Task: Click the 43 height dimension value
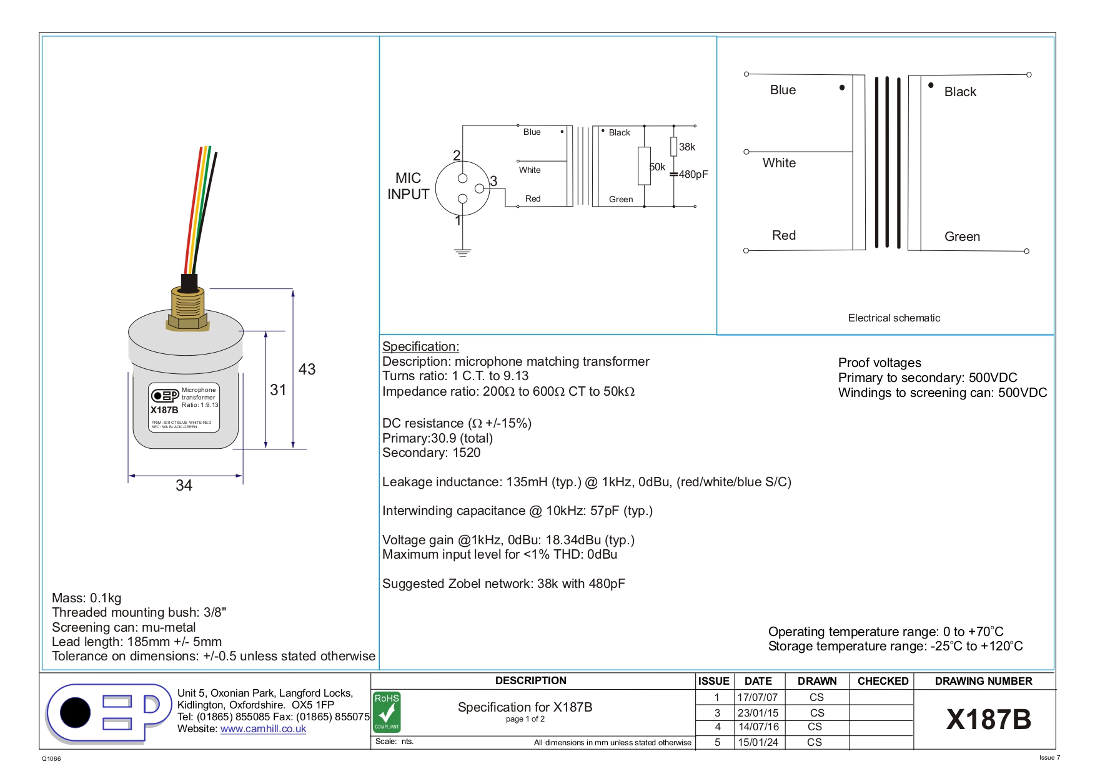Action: coord(307,369)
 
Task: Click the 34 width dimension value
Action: coord(184,485)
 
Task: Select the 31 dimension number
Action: coord(278,389)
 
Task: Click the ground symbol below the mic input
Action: coord(462,252)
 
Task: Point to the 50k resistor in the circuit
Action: coord(644,166)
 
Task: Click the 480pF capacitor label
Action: coord(693,175)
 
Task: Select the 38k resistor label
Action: coord(687,147)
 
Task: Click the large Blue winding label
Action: coord(783,90)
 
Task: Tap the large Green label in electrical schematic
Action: coord(962,237)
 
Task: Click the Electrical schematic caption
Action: coord(894,318)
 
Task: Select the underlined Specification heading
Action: coord(420,346)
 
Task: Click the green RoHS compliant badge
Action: coord(387,712)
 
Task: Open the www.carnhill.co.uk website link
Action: coord(263,728)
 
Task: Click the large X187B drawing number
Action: coord(988,720)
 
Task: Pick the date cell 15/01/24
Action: coord(758,742)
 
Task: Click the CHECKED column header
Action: coord(883,681)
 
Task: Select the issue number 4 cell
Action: coord(718,727)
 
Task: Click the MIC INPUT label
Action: coord(408,186)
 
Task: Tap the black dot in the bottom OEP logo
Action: coord(76,712)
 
